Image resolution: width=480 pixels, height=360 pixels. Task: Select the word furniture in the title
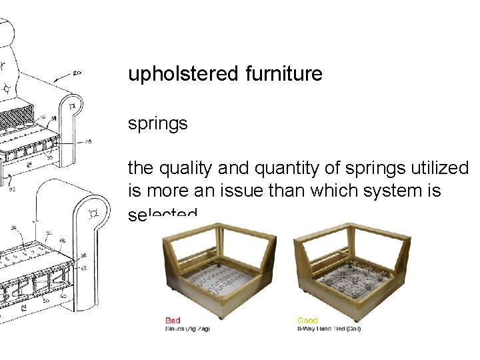(x=283, y=73)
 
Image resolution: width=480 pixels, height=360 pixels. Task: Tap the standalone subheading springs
(x=158, y=125)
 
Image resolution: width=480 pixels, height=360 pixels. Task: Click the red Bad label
(x=173, y=321)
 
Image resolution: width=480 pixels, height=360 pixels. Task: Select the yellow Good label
(x=307, y=321)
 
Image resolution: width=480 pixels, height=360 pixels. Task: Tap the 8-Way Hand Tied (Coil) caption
(x=329, y=329)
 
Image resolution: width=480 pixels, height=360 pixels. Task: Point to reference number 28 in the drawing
(x=88, y=141)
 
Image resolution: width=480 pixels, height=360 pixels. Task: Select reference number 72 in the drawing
(x=11, y=189)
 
